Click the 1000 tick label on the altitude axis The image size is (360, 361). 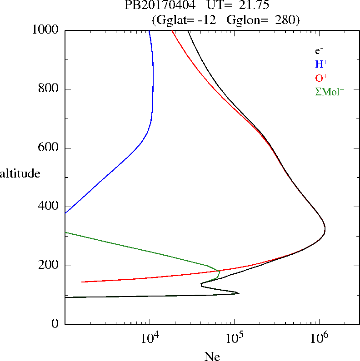(x=46, y=30)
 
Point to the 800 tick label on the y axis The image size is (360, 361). (x=49, y=89)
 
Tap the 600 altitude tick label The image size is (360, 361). (x=49, y=148)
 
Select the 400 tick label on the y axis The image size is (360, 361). (x=49, y=207)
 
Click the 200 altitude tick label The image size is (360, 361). (x=49, y=266)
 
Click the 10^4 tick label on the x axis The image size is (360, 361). (x=150, y=337)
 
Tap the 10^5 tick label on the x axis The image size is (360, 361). (x=235, y=337)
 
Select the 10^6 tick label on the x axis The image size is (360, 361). (x=319, y=337)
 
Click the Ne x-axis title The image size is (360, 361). (x=212, y=357)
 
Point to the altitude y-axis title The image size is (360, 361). (x=20, y=173)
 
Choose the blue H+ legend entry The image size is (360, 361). (x=321, y=64)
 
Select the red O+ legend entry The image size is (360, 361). (x=321, y=78)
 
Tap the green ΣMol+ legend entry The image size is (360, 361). (x=330, y=91)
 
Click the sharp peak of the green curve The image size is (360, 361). (x=220, y=271)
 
